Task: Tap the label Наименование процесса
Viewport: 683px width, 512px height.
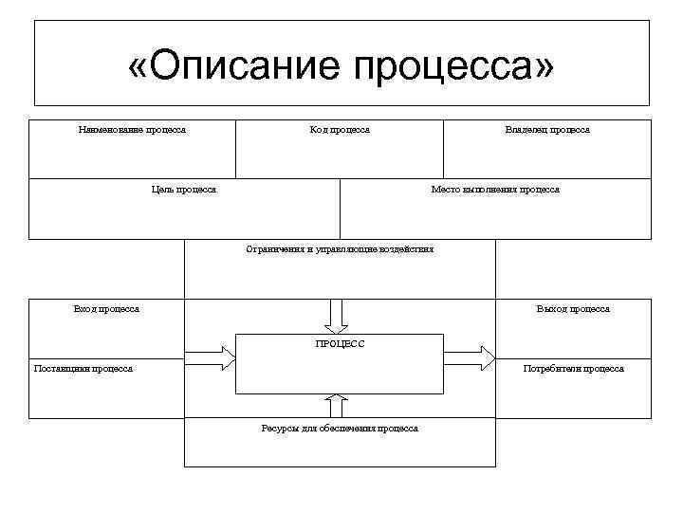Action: tap(132, 130)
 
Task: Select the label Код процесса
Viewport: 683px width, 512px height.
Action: tap(340, 130)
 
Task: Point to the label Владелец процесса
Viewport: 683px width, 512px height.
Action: tap(547, 130)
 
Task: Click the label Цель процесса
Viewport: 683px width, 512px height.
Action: tap(184, 190)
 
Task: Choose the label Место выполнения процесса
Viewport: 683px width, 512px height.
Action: tap(495, 190)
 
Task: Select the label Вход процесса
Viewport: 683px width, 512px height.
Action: tap(106, 309)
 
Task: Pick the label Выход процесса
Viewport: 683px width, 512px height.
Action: tap(573, 309)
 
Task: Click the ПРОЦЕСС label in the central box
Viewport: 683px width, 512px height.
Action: tap(340, 343)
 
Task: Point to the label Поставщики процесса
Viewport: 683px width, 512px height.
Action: tap(83, 369)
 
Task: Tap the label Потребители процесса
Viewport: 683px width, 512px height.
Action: tap(574, 369)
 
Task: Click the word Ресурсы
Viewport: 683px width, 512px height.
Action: tap(281, 429)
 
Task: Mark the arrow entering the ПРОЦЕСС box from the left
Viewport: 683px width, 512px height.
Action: tap(210, 358)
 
